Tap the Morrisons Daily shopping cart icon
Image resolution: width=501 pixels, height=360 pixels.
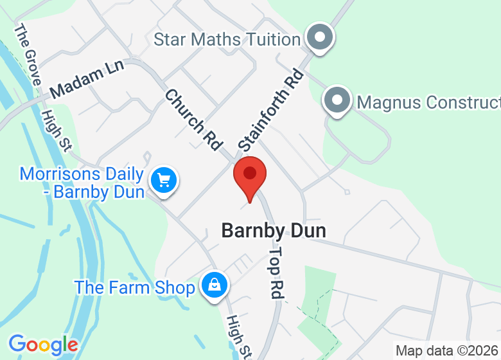(x=164, y=179)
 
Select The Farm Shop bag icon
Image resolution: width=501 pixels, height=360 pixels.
(x=213, y=284)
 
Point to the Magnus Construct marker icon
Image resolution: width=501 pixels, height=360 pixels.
(x=337, y=100)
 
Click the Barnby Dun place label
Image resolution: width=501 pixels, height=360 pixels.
(x=274, y=231)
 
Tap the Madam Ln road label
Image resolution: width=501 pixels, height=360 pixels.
(x=87, y=82)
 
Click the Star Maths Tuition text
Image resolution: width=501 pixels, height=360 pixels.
(x=227, y=39)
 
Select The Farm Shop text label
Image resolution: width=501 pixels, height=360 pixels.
(x=134, y=287)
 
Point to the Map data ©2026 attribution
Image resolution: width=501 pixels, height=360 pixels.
(x=447, y=351)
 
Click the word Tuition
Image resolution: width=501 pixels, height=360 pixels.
(x=268, y=39)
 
